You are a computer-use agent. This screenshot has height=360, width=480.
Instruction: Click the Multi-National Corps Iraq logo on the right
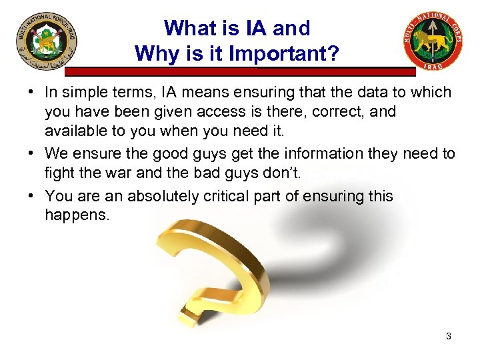click(433, 41)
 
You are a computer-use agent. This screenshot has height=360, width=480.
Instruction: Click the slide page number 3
click(449, 336)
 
